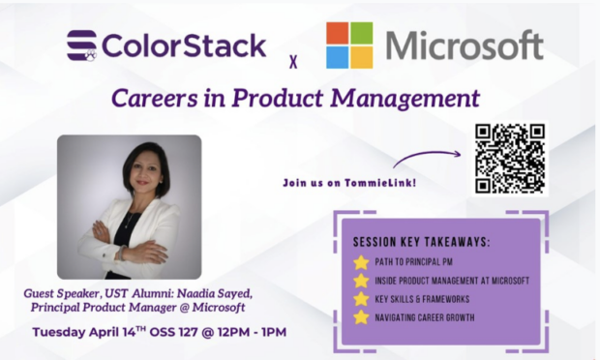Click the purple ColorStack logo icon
[82, 45]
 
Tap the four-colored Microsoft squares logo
[349, 45]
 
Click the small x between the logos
[293, 62]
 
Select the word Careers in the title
[154, 98]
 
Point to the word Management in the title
[405, 99]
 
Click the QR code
[510, 159]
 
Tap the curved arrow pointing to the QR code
[427, 156]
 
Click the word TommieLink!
[380, 183]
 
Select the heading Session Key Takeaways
[421, 242]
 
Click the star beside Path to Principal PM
[361, 262]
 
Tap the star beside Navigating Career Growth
[361, 317]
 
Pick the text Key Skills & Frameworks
[422, 299]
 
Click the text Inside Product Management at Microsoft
[452, 281]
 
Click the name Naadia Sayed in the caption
[215, 293]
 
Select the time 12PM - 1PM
[252, 332]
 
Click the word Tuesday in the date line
[59, 332]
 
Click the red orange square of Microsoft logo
[338, 33]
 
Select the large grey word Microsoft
[465, 45]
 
